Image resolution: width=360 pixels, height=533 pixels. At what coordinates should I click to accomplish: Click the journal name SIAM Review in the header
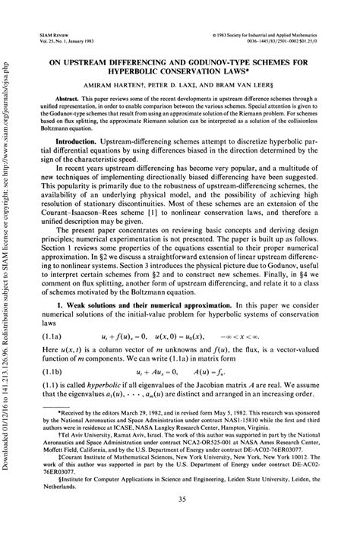coord(52,35)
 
